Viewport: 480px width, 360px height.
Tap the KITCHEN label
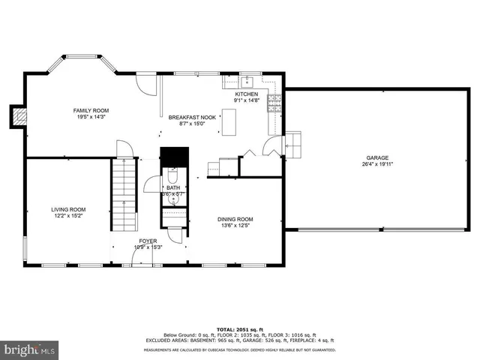tap(246, 94)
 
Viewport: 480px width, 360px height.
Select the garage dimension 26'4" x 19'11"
tap(377, 163)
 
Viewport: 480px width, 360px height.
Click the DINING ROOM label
tap(235, 219)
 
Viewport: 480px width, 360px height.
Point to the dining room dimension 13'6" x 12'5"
tap(235, 226)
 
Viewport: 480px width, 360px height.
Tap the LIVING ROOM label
tap(68, 209)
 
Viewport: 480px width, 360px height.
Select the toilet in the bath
tap(173, 181)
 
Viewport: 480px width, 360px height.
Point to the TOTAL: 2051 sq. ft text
tap(240, 329)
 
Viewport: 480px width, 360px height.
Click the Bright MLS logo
tap(30, 349)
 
